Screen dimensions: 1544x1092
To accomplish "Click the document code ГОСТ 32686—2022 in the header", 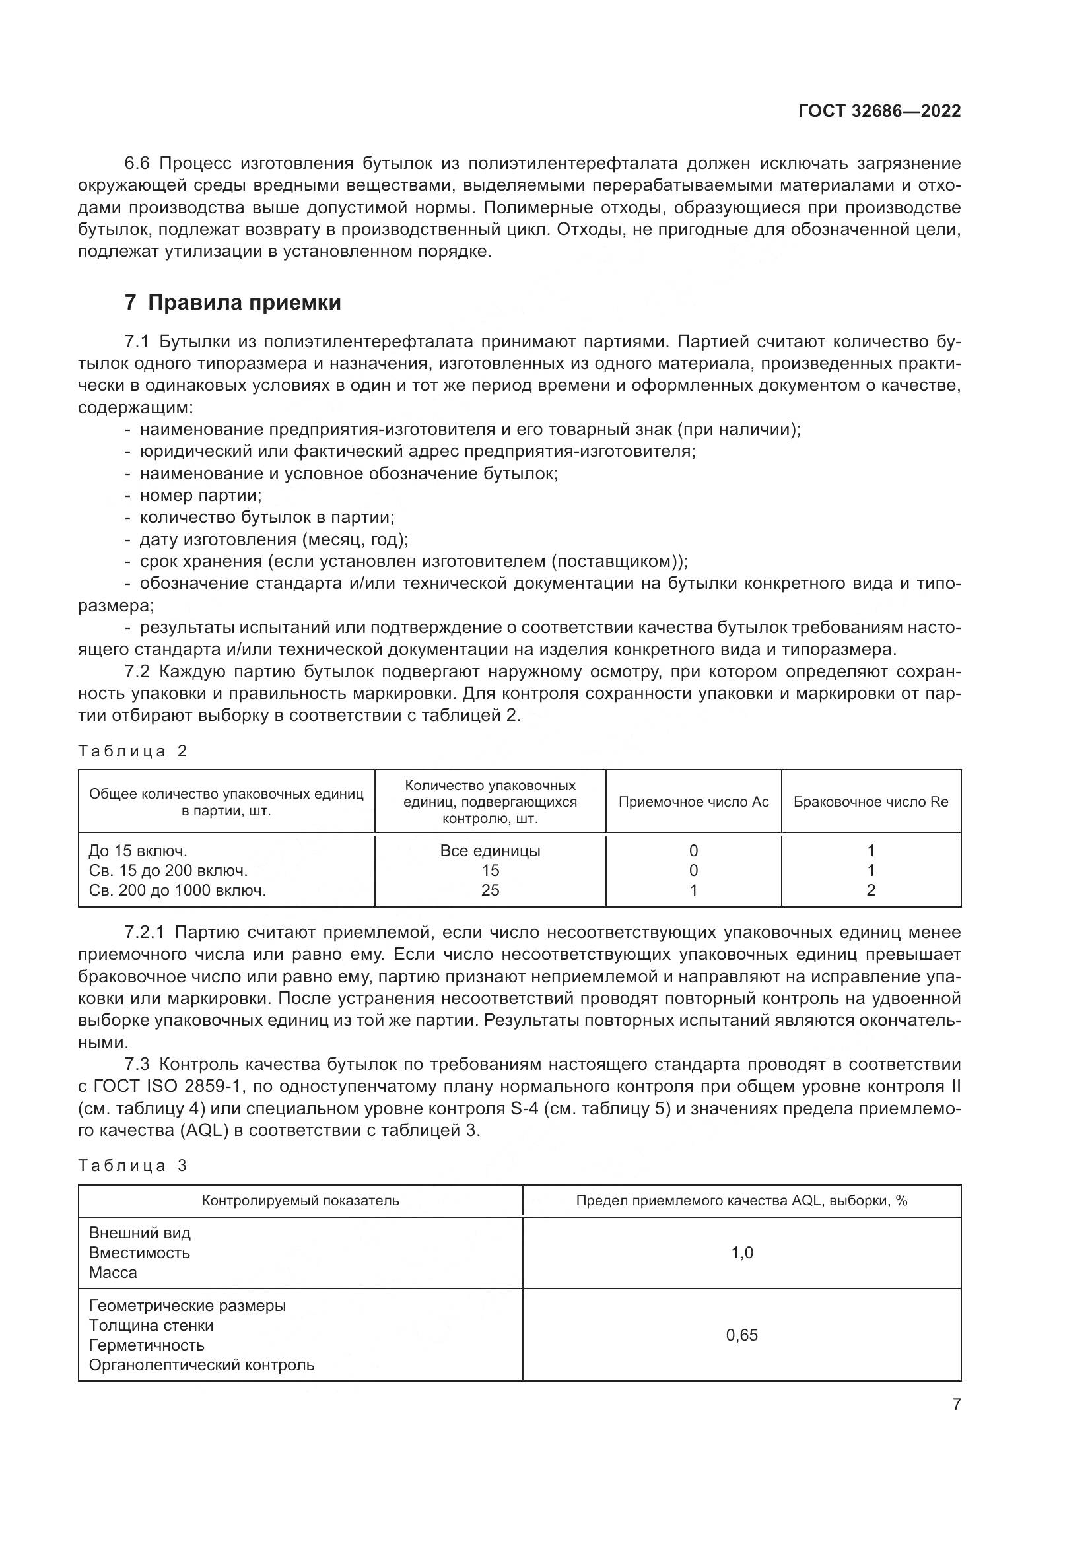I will point(879,112).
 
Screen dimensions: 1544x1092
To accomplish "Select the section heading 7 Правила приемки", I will point(232,303).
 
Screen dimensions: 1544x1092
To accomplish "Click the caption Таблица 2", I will point(133,751).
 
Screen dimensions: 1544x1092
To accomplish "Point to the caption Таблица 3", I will point(133,1165).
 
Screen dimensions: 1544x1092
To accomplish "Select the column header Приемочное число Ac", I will point(693,801).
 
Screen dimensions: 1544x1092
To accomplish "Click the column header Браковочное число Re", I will point(871,801).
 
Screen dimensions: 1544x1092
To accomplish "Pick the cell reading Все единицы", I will point(490,851).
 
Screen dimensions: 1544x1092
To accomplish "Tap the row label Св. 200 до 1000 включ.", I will point(178,890).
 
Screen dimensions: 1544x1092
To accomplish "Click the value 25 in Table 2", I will point(490,890).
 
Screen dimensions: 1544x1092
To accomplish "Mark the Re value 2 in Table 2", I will point(871,890).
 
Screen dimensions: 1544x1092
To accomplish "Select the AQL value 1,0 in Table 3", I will point(741,1253).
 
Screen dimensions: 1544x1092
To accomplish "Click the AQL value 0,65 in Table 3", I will point(741,1335).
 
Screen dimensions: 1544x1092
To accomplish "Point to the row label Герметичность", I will point(147,1345).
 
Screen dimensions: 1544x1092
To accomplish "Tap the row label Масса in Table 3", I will point(113,1272).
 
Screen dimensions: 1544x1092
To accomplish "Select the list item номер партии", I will point(201,496).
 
